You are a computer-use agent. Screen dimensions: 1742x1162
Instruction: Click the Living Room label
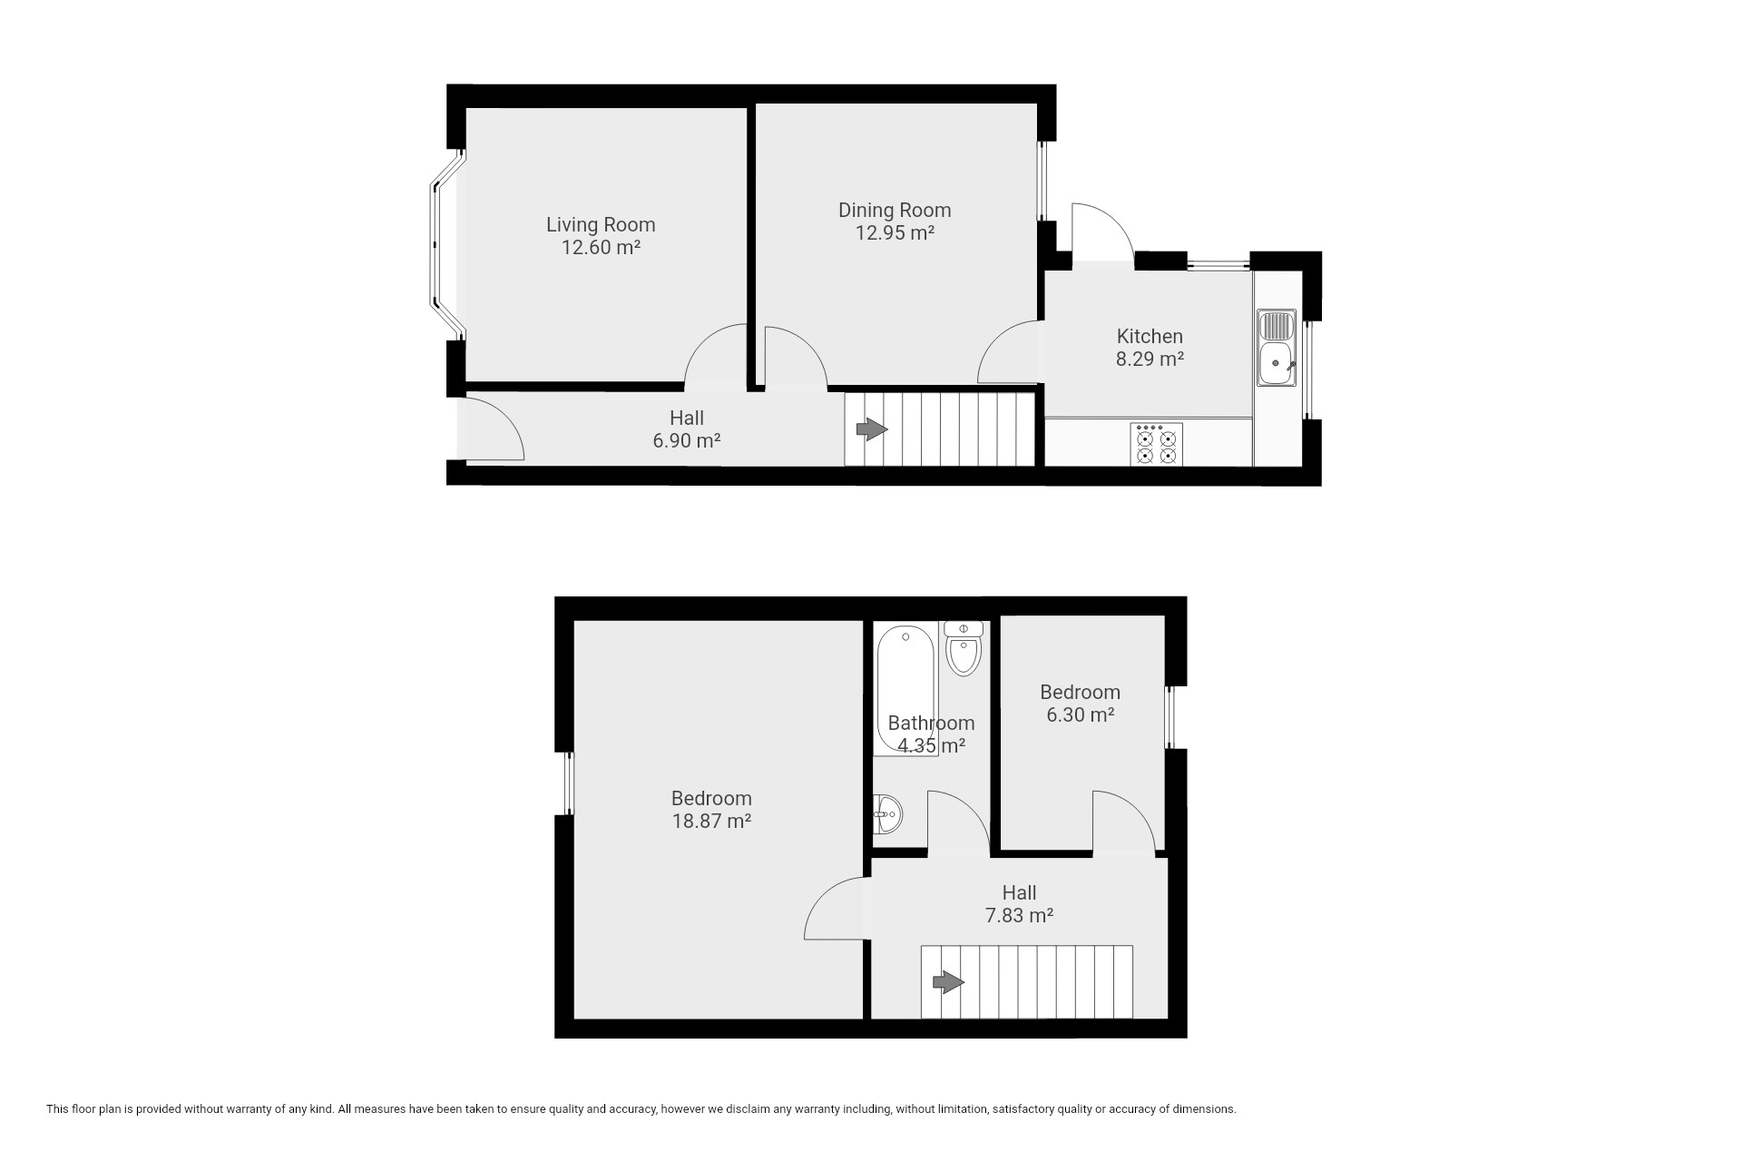(x=600, y=224)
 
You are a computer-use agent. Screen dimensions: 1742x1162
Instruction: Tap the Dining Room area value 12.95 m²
(x=895, y=232)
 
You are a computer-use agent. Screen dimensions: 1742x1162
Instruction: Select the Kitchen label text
(x=1150, y=336)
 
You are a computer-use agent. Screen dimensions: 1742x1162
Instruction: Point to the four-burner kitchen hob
(x=1157, y=445)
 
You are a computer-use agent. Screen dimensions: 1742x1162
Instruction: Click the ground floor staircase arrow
(x=872, y=429)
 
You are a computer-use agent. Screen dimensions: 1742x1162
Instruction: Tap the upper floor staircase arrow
(x=948, y=981)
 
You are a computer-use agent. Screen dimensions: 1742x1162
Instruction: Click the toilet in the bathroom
(x=963, y=648)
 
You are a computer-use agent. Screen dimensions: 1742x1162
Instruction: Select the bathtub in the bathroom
(x=903, y=688)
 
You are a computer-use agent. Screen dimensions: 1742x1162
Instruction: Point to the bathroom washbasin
(x=887, y=814)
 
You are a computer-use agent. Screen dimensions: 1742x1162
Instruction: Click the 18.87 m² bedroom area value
(x=711, y=821)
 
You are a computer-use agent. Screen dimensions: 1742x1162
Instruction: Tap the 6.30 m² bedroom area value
(x=1080, y=714)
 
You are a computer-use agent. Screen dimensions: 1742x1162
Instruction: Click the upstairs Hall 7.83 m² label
(x=1019, y=904)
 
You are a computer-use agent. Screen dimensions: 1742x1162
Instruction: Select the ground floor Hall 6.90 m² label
(x=686, y=429)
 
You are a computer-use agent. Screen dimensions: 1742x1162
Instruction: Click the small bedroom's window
(x=1170, y=716)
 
